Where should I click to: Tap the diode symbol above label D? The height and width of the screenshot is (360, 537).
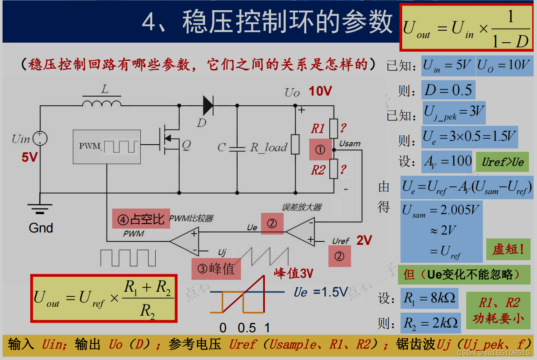(208, 105)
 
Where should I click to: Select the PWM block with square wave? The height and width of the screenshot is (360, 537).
(107, 146)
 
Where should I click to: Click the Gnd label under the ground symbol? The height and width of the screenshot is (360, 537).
(41, 228)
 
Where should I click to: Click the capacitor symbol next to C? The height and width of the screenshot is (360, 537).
(237, 148)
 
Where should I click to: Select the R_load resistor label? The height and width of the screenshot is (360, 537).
(269, 148)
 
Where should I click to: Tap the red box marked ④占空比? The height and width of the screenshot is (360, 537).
(140, 219)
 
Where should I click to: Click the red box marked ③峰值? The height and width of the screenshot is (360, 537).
(216, 269)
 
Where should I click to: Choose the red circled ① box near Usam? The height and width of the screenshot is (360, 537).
(320, 149)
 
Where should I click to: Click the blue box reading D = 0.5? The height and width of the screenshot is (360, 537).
(448, 90)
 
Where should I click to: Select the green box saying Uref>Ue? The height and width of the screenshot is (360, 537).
(502, 162)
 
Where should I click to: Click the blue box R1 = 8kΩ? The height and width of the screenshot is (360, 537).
(430, 298)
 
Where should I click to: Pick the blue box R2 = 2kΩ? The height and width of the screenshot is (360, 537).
(430, 323)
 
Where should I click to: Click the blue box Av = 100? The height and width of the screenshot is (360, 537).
(447, 161)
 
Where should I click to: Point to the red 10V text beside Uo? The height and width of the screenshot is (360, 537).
(320, 91)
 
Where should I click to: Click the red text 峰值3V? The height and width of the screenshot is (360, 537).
(293, 273)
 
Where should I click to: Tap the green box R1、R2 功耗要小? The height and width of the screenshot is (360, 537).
(498, 311)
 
